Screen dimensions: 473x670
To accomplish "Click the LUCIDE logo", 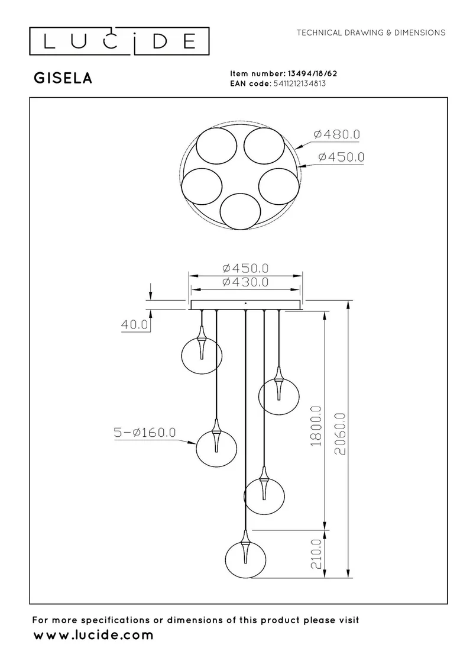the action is (x=119, y=41).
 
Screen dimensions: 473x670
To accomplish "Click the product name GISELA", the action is (x=63, y=78).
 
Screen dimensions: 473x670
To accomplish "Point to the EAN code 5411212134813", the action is (x=299, y=83).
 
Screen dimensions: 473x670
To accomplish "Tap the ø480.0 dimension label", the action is (x=337, y=134).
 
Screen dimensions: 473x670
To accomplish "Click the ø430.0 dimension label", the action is (x=245, y=282).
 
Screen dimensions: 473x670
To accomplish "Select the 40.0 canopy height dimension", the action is (x=134, y=325).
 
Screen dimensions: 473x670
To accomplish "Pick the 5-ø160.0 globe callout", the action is (x=145, y=433).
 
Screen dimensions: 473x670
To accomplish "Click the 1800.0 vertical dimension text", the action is (x=316, y=426).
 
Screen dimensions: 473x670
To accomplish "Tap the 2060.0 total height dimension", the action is (x=340, y=434).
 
